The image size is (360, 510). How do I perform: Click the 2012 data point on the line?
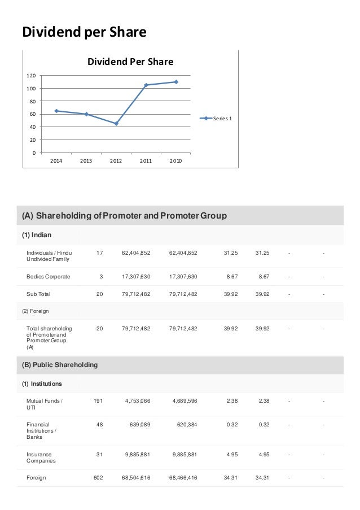click(x=116, y=124)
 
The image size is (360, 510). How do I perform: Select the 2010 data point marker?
click(x=176, y=82)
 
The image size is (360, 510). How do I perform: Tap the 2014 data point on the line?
click(x=56, y=111)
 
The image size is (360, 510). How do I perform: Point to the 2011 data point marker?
click(x=146, y=85)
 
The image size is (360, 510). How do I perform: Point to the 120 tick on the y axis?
click(x=32, y=76)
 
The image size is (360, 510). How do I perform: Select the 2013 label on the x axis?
click(x=86, y=161)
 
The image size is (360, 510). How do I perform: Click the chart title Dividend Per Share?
click(x=130, y=62)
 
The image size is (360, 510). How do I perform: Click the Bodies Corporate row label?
click(x=48, y=277)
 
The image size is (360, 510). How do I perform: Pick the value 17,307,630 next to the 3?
click(x=136, y=277)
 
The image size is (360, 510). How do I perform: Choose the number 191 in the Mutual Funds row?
click(x=98, y=401)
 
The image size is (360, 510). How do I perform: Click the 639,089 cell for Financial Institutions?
click(x=138, y=425)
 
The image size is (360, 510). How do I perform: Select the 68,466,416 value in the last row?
click(x=183, y=478)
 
